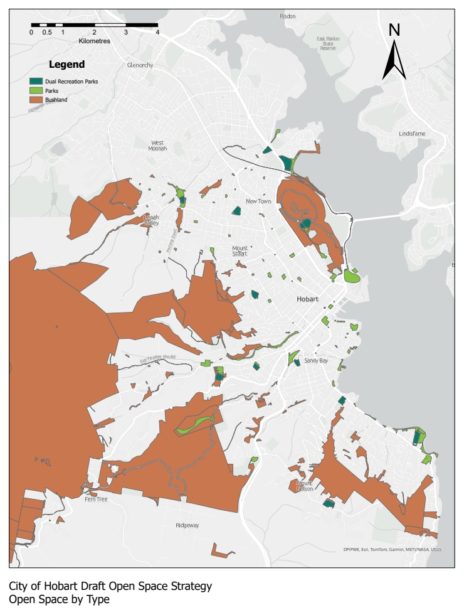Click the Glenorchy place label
[x=140, y=65]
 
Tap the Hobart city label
[x=309, y=299]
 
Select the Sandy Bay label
[x=316, y=361]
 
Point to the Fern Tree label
[x=96, y=499]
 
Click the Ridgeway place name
[x=187, y=525]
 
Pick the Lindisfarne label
[x=412, y=134]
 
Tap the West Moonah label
[x=157, y=146]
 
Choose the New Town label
[x=258, y=201]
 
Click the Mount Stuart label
[x=240, y=250]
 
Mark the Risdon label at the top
[x=287, y=16]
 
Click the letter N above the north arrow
[x=394, y=29]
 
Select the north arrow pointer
[x=394, y=61]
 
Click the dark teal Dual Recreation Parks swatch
[x=36, y=81]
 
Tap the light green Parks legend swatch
[x=36, y=90]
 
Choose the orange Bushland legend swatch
[x=36, y=100]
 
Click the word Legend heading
[x=66, y=64]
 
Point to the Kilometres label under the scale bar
[x=95, y=41]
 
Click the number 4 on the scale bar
[x=157, y=32]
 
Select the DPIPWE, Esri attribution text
[x=392, y=549]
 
